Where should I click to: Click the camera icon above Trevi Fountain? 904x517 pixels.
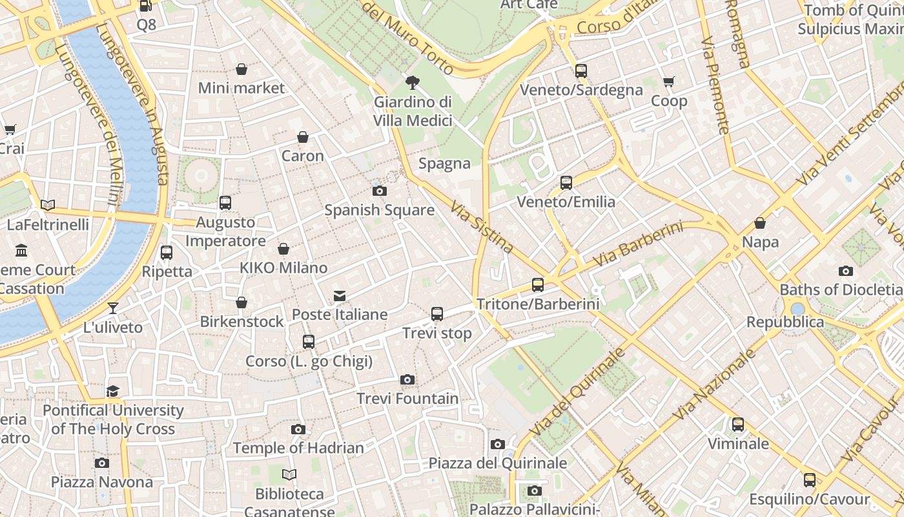click(x=407, y=379)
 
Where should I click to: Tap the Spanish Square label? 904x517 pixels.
click(x=379, y=210)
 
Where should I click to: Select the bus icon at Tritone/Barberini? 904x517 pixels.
click(x=537, y=284)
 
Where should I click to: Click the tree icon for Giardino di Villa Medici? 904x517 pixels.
click(x=412, y=82)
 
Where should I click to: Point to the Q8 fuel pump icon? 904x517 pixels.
click(x=146, y=6)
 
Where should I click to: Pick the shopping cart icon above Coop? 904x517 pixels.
click(x=668, y=81)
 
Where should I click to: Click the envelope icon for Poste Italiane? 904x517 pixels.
click(x=340, y=296)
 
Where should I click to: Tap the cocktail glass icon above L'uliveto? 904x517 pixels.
click(x=113, y=308)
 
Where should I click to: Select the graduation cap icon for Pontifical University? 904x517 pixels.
click(x=113, y=391)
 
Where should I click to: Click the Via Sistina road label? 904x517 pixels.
click(x=482, y=227)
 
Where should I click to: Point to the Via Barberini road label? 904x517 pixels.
click(x=637, y=244)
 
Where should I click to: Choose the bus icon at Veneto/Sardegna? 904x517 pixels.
click(x=581, y=70)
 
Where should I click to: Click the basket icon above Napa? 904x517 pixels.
click(x=760, y=223)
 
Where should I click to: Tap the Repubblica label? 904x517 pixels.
click(x=785, y=322)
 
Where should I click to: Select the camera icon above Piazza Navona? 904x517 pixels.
click(x=101, y=463)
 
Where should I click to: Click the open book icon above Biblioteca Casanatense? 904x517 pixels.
click(x=289, y=475)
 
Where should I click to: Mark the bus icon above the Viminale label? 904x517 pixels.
click(x=738, y=425)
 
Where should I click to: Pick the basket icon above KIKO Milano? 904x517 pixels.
click(x=283, y=249)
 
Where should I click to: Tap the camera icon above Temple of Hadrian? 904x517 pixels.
click(x=298, y=429)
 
